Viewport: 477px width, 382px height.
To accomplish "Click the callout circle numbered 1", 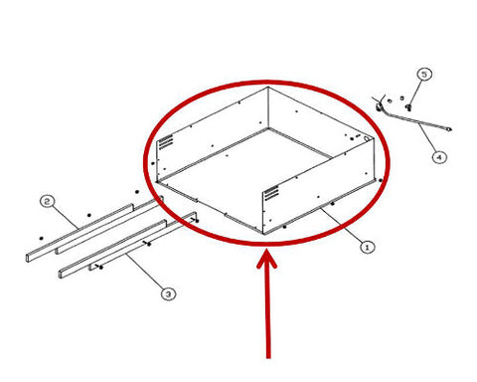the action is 367,247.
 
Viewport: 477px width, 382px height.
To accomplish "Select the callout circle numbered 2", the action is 48,201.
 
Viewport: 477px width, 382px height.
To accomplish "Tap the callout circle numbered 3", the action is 169,293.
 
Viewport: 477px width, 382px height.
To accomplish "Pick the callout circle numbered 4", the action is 439,156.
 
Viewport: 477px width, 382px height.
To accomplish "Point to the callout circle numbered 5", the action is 424,74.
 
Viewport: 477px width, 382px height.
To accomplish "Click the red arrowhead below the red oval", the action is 267,260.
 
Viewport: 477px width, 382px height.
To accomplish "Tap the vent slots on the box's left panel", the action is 166,142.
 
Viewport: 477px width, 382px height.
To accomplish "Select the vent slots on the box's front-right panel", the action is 271,193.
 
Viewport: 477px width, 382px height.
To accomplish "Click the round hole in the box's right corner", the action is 367,139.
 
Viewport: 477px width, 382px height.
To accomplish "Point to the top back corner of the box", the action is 268,88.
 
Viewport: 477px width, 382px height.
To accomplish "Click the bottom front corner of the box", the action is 263,234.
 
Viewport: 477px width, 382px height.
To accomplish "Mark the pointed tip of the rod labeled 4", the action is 450,129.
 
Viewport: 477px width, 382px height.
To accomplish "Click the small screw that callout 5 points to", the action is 408,107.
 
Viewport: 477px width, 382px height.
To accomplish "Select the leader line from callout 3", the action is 144,271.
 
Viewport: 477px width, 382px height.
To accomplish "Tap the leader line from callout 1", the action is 341,225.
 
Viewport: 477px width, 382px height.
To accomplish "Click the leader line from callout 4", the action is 427,137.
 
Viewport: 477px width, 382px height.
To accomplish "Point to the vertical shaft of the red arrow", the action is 268,311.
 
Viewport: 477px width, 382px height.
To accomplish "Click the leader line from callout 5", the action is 415,92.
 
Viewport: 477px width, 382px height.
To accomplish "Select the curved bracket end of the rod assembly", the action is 381,104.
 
